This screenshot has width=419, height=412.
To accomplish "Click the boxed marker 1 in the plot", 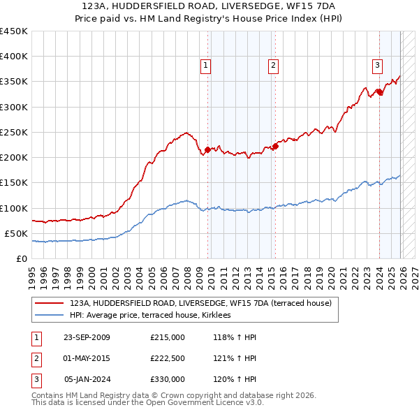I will (x=207, y=66).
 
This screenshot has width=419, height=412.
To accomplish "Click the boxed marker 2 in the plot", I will (x=272, y=66).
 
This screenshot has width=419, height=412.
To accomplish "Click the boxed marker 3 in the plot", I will (x=377, y=66).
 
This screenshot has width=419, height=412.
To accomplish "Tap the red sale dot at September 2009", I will (x=207, y=149).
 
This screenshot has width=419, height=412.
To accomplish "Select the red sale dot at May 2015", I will (x=275, y=146).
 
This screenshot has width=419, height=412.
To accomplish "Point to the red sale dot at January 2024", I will (x=378, y=91).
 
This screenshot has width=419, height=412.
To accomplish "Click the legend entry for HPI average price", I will (x=155, y=316).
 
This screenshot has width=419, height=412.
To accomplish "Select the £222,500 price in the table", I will (x=167, y=358).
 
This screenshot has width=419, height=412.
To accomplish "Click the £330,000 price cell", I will (x=167, y=379).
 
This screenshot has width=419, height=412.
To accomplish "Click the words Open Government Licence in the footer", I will (x=196, y=403).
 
